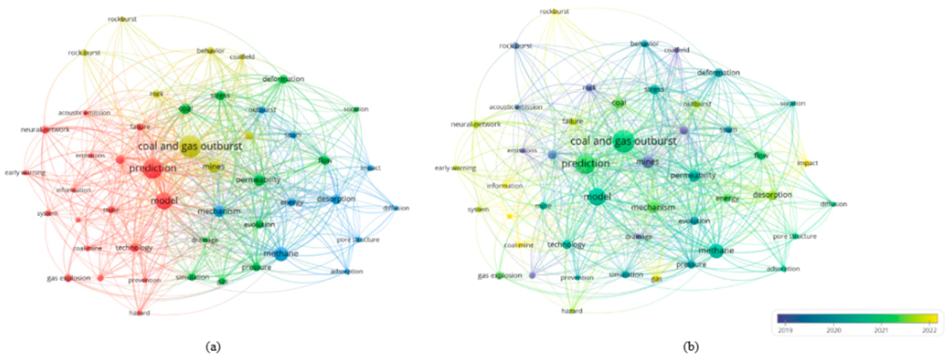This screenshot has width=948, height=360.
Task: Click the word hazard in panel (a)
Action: [x=140, y=313]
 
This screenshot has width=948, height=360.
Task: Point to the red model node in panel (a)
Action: [x=164, y=201]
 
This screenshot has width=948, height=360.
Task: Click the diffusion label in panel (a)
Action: [x=396, y=208]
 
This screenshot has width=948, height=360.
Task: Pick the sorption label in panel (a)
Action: [x=356, y=109]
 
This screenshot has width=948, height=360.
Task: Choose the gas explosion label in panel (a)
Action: [x=69, y=278]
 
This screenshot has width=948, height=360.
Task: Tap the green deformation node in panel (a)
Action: [x=283, y=79]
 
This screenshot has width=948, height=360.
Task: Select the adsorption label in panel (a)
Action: [x=347, y=272]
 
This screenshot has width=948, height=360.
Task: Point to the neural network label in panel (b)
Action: [x=475, y=124]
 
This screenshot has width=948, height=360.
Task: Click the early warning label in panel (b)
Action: [x=455, y=168]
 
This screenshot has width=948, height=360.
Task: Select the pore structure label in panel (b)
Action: [x=794, y=236]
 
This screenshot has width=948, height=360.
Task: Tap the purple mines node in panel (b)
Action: [x=647, y=162]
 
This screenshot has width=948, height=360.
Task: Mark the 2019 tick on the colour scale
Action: [x=785, y=330]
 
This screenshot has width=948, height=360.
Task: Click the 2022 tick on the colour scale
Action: [x=929, y=330]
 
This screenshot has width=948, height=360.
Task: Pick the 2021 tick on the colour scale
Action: [x=881, y=330]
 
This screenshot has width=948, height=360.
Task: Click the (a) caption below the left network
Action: [x=213, y=347]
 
